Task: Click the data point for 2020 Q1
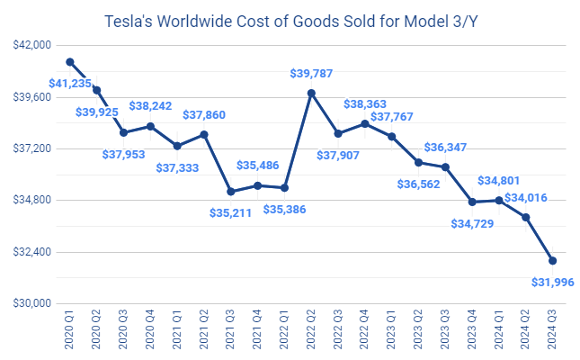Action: tap(70, 62)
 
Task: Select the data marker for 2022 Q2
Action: tap(311, 93)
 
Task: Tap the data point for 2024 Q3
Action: tap(552, 261)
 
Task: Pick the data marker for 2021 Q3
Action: tap(231, 192)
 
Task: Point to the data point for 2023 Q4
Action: tap(472, 202)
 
